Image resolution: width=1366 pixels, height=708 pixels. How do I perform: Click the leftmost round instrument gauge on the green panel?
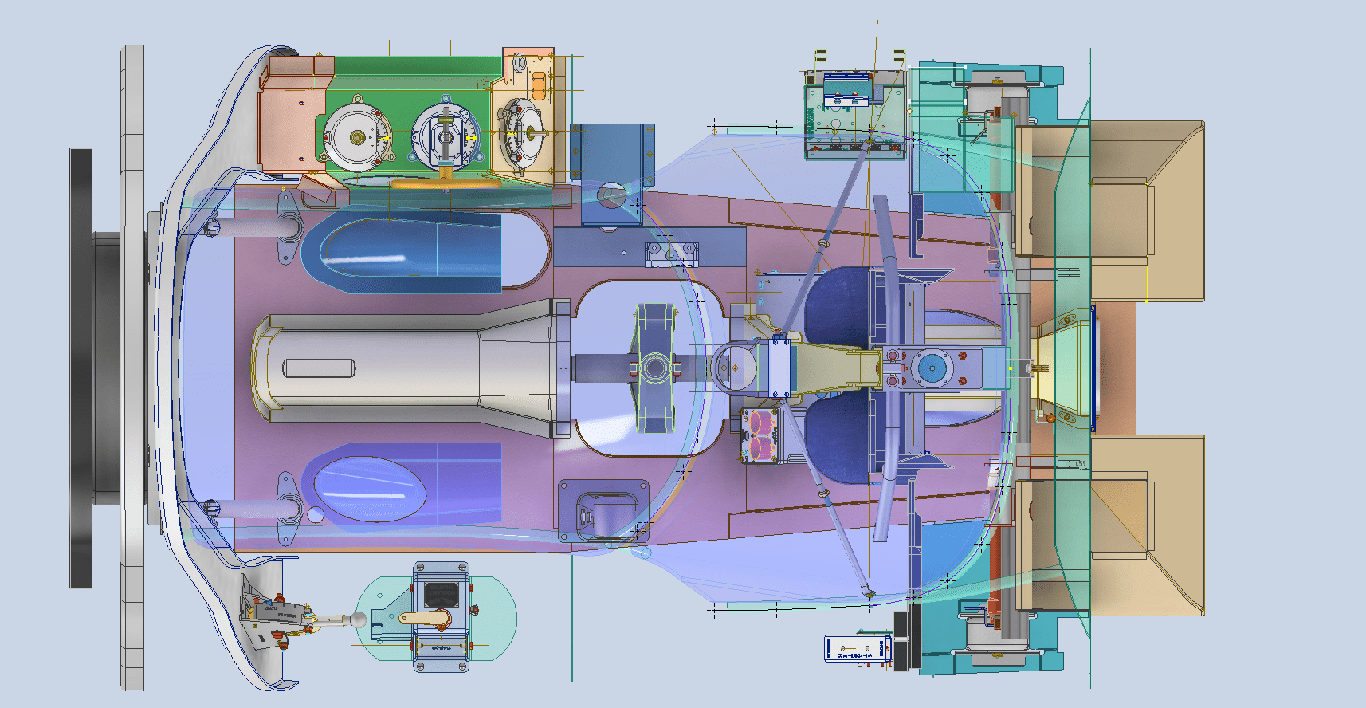tap(357, 138)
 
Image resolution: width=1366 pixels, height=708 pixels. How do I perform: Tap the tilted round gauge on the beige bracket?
tap(522, 133)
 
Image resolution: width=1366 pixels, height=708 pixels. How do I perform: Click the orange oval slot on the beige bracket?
tap(538, 85)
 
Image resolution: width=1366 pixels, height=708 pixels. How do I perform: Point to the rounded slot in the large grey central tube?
tap(319, 368)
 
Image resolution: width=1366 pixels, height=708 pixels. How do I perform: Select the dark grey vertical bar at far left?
tap(80, 367)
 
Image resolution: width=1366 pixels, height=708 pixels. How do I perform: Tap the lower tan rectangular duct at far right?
tap(1148, 526)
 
